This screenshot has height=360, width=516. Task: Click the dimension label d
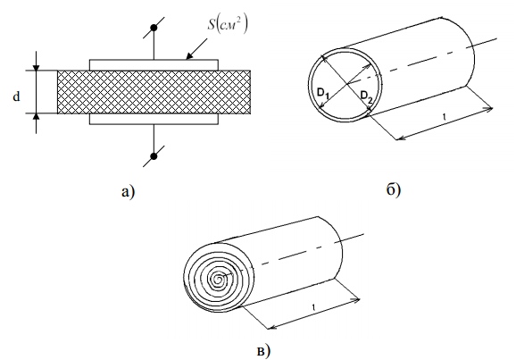(x=16, y=96)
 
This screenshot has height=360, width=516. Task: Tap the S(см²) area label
(x=227, y=24)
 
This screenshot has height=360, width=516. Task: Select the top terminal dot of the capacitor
(x=154, y=28)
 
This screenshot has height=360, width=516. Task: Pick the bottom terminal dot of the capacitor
(x=154, y=156)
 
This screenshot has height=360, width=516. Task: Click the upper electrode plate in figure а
(x=154, y=65)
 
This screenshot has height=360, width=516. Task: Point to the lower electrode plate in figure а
(x=154, y=119)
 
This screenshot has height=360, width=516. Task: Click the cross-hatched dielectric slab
(x=154, y=92)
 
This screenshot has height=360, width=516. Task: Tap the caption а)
(x=128, y=191)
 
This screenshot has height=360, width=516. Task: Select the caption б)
(x=394, y=189)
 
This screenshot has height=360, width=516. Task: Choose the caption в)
(x=263, y=351)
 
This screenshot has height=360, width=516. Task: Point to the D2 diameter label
(x=367, y=96)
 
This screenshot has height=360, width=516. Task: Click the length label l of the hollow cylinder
(x=445, y=117)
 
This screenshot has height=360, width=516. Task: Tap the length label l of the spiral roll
(x=313, y=308)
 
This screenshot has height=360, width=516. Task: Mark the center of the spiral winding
(x=218, y=280)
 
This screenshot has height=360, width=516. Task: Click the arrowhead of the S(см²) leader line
(x=188, y=56)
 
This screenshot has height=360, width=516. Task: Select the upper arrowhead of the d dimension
(x=37, y=67)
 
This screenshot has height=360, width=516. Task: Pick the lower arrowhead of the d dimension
(x=37, y=117)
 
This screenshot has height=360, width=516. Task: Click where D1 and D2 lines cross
(x=345, y=84)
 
